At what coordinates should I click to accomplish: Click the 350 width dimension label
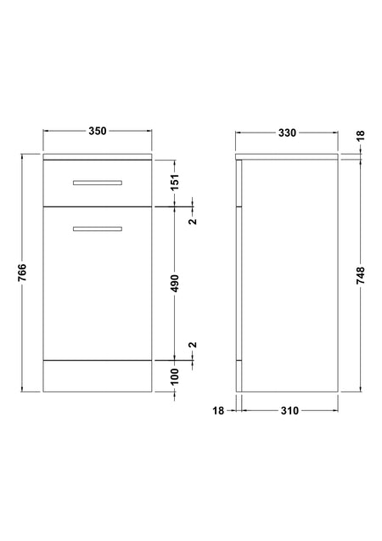pyautogui.click(x=98, y=131)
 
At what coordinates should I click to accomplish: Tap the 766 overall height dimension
pyautogui.click(x=22, y=273)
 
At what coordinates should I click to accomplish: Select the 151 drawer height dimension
pyautogui.click(x=175, y=182)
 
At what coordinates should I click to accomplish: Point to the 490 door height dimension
pyautogui.click(x=175, y=284)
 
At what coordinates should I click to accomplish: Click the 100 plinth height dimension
pyautogui.click(x=175, y=376)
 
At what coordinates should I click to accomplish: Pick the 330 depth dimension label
pyautogui.click(x=287, y=132)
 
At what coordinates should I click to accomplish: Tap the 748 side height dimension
pyautogui.click(x=360, y=275)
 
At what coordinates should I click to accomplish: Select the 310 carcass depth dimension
pyautogui.click(x=289, y=410)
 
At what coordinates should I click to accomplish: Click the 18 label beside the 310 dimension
pyautogui.click(x=218, y=410)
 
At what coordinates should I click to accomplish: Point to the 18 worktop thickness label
pyautogui.click(x=360, y=136)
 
